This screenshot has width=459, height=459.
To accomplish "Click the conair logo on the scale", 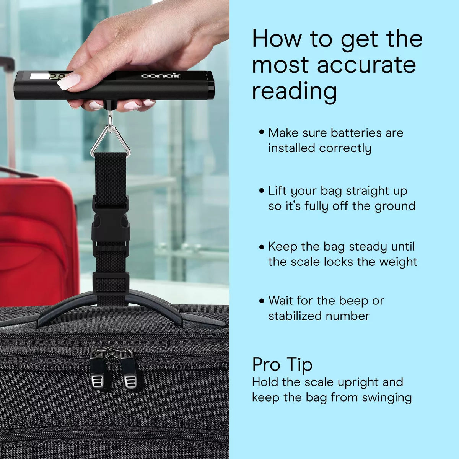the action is [x=161, y=76].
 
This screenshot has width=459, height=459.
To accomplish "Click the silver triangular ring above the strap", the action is [x=111, y=140].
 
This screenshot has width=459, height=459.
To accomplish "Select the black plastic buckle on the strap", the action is [x=111, y=225].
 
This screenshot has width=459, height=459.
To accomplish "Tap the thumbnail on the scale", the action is [x=70, y=81].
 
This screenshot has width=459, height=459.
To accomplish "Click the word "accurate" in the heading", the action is [x=366, y=65].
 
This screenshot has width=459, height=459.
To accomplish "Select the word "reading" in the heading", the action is [x=295, y=93].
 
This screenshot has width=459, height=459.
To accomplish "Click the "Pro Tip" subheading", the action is [x=282, y=365].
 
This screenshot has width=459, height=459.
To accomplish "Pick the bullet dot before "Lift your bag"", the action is [x=262, y=191].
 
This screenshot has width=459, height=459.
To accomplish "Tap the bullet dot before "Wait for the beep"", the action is [x=262, y=301].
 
